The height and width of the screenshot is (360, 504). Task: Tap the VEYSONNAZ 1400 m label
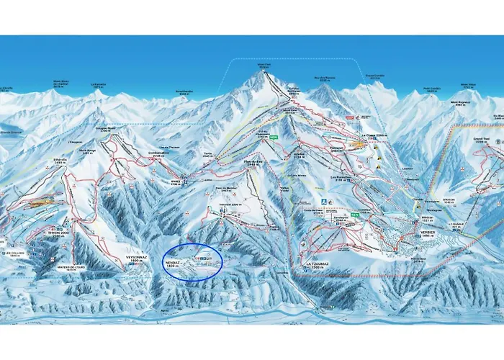[x=136, y=258]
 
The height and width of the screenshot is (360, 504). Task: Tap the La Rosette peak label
[x=99, y=86]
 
